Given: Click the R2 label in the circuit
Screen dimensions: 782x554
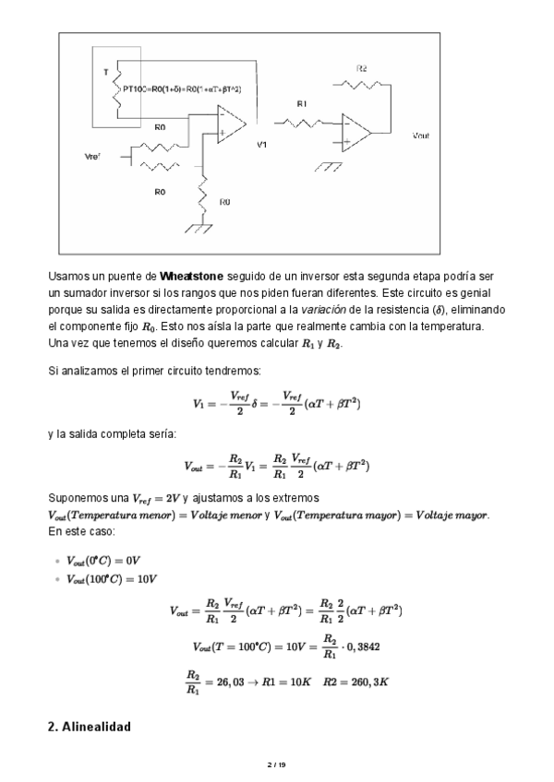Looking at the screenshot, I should pyautogui.click(x=362, y=69).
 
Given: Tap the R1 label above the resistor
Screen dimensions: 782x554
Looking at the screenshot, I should pyautogui.click(x=302, y=104).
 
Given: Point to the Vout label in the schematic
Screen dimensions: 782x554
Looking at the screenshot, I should pyautogui.click(x=420, y=136).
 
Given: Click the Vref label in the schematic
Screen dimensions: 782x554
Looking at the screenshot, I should pyautogui.click(x=91, y=158).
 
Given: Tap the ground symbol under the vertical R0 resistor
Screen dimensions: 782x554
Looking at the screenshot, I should pyautogui.click(x=199, y=226).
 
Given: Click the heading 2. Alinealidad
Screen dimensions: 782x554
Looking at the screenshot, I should pyautogui.click(x=89, y=727).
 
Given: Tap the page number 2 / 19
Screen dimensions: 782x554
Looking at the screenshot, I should pyautogui.click(x=276, y=764).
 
